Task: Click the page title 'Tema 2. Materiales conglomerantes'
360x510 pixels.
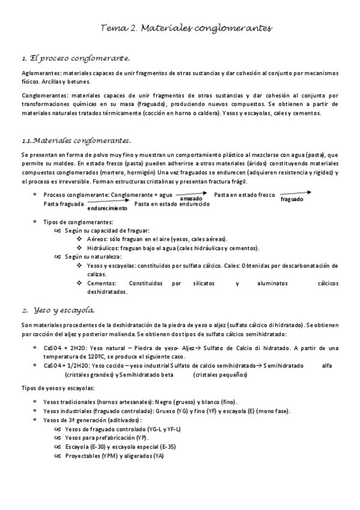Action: click(186, 28)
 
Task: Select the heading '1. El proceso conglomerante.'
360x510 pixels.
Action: click(75, 58)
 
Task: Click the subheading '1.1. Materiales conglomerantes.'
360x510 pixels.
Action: click(76, 140)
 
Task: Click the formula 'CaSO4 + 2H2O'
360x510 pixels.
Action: click(65, 348)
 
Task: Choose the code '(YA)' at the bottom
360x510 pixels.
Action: click(159, 456)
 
